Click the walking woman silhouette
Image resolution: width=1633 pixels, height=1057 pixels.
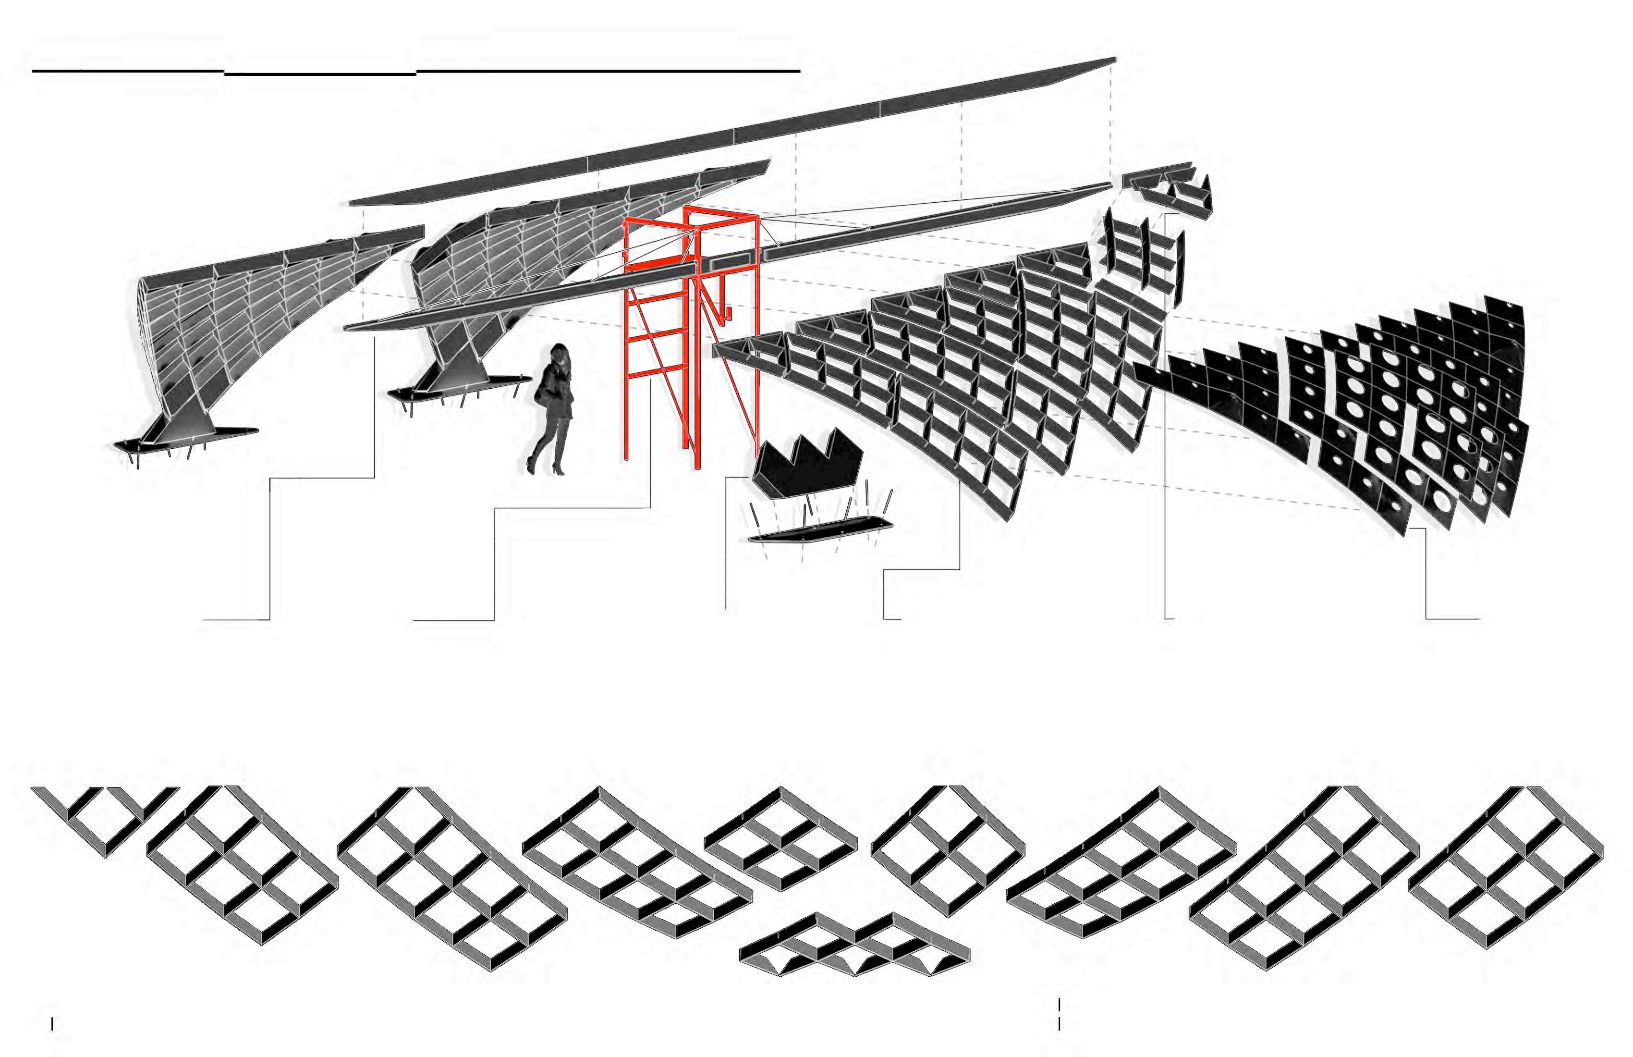click(554, 412)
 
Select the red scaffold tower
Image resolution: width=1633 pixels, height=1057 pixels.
click(693, 336)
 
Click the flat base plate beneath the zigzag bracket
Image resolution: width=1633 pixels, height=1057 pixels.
click(820, 530)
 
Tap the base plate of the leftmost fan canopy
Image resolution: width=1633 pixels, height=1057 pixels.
click(185, 439)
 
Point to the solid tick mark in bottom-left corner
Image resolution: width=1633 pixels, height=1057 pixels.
click(52, 1024)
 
